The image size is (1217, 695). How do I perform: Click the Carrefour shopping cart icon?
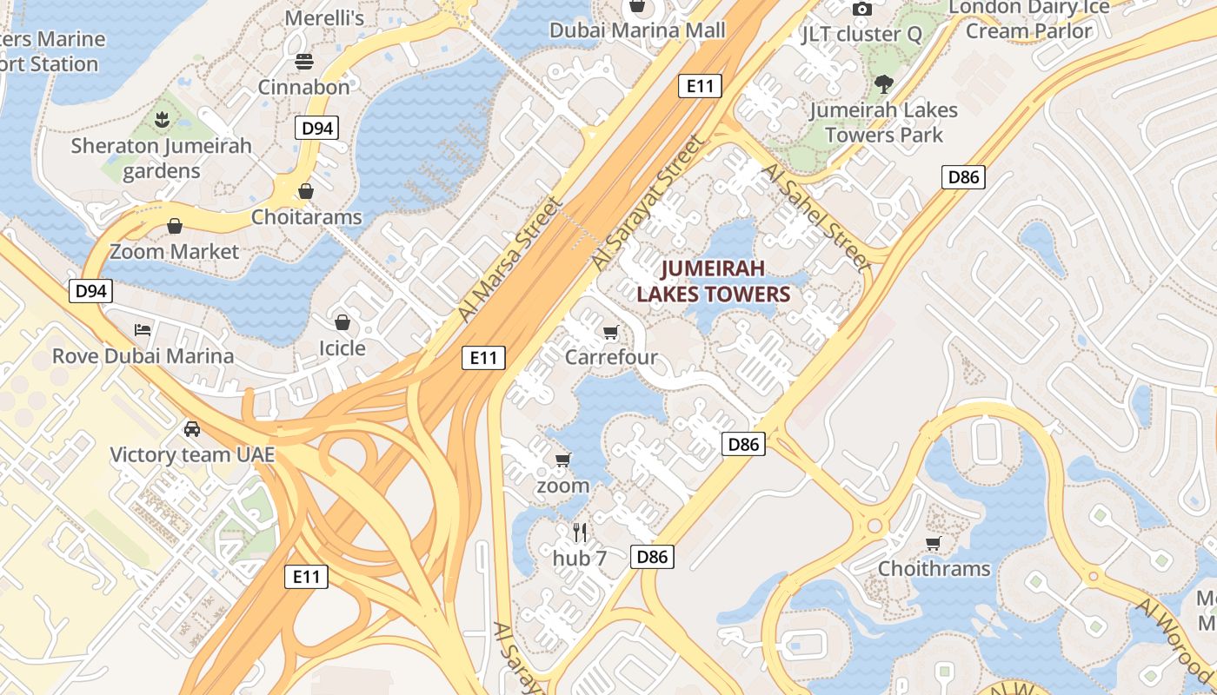point(611,333)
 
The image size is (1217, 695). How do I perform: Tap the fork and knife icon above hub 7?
point(580,532)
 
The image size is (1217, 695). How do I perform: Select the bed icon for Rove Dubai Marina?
point(143,330)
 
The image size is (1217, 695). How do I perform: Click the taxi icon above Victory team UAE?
point(192,429)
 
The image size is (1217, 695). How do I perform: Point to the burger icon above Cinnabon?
point(304,62)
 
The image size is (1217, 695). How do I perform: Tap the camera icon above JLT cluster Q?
point(862,10)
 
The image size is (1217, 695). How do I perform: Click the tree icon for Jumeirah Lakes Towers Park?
point(884,84)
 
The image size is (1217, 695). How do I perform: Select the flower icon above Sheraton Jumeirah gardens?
point(161,119)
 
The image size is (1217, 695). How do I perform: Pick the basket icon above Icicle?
point(342,323)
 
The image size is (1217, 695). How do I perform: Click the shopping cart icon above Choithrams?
point(934,544)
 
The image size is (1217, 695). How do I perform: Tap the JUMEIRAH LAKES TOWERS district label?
point(713,281)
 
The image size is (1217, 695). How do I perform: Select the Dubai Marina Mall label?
point(637,30)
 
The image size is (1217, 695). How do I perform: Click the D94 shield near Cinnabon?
point(316,129)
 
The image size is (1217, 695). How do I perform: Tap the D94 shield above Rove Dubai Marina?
point(90,290)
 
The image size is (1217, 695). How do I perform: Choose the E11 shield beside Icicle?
point(483,357)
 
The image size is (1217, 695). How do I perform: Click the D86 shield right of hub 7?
point(652,557)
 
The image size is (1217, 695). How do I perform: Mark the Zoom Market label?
point(174,252)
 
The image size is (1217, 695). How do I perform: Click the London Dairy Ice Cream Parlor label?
point(1029,19)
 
